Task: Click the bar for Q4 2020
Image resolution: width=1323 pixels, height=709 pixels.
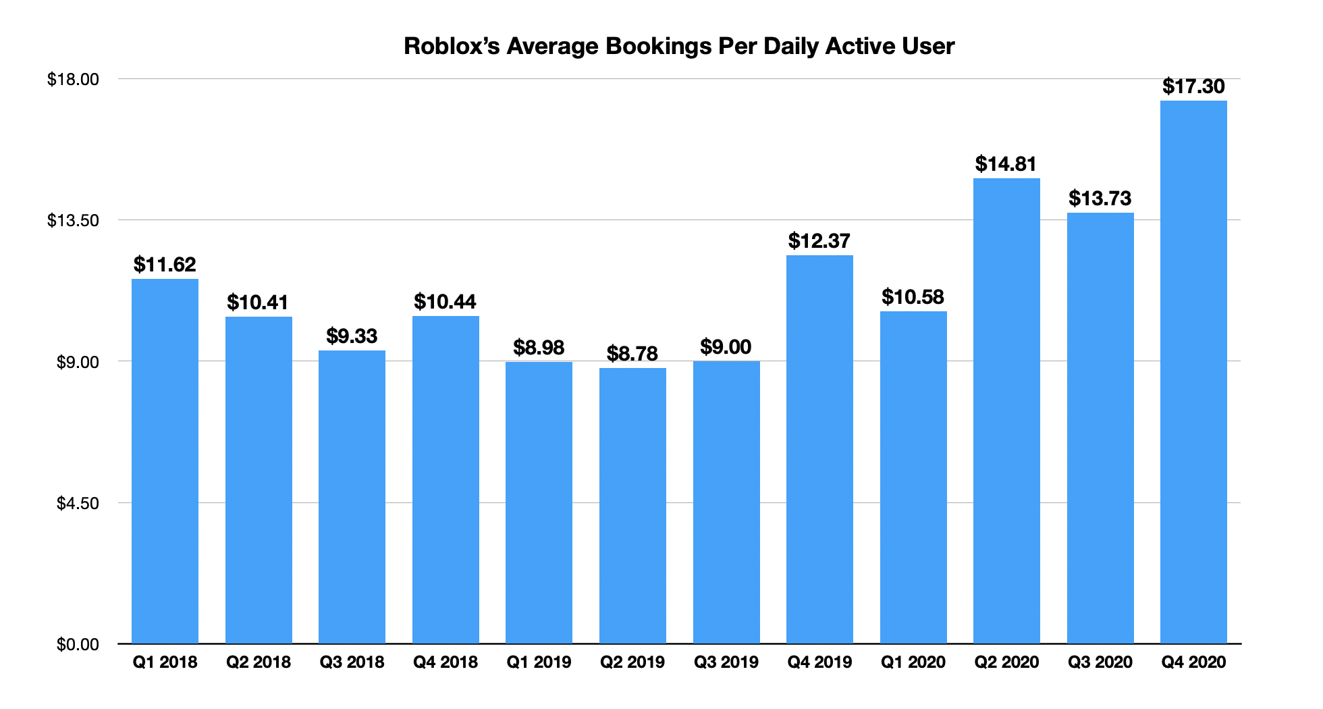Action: (1193, 372)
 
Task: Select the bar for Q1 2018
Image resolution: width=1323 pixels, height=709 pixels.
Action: (165, 461)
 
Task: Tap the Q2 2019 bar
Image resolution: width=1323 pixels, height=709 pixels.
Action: (632, 506)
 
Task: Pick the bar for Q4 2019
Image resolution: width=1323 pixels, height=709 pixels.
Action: (819, 449)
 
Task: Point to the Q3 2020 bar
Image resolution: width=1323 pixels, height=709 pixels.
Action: (1100, 428)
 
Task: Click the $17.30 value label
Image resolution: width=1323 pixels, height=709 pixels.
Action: (1193, 86)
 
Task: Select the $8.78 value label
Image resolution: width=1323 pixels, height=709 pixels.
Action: (632, 353)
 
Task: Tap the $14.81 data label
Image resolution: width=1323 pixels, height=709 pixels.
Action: (1006, 164)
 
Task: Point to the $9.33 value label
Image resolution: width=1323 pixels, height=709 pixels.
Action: (352, 336)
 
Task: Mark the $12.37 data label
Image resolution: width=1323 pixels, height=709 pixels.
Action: (819, 241)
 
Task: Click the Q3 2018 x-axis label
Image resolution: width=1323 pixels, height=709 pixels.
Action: (352, 662)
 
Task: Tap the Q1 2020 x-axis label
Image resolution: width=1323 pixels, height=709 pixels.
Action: (913, 662)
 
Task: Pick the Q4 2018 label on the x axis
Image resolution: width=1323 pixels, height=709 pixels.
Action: (446, 662)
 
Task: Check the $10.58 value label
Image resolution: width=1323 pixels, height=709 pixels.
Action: (913, 297)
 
